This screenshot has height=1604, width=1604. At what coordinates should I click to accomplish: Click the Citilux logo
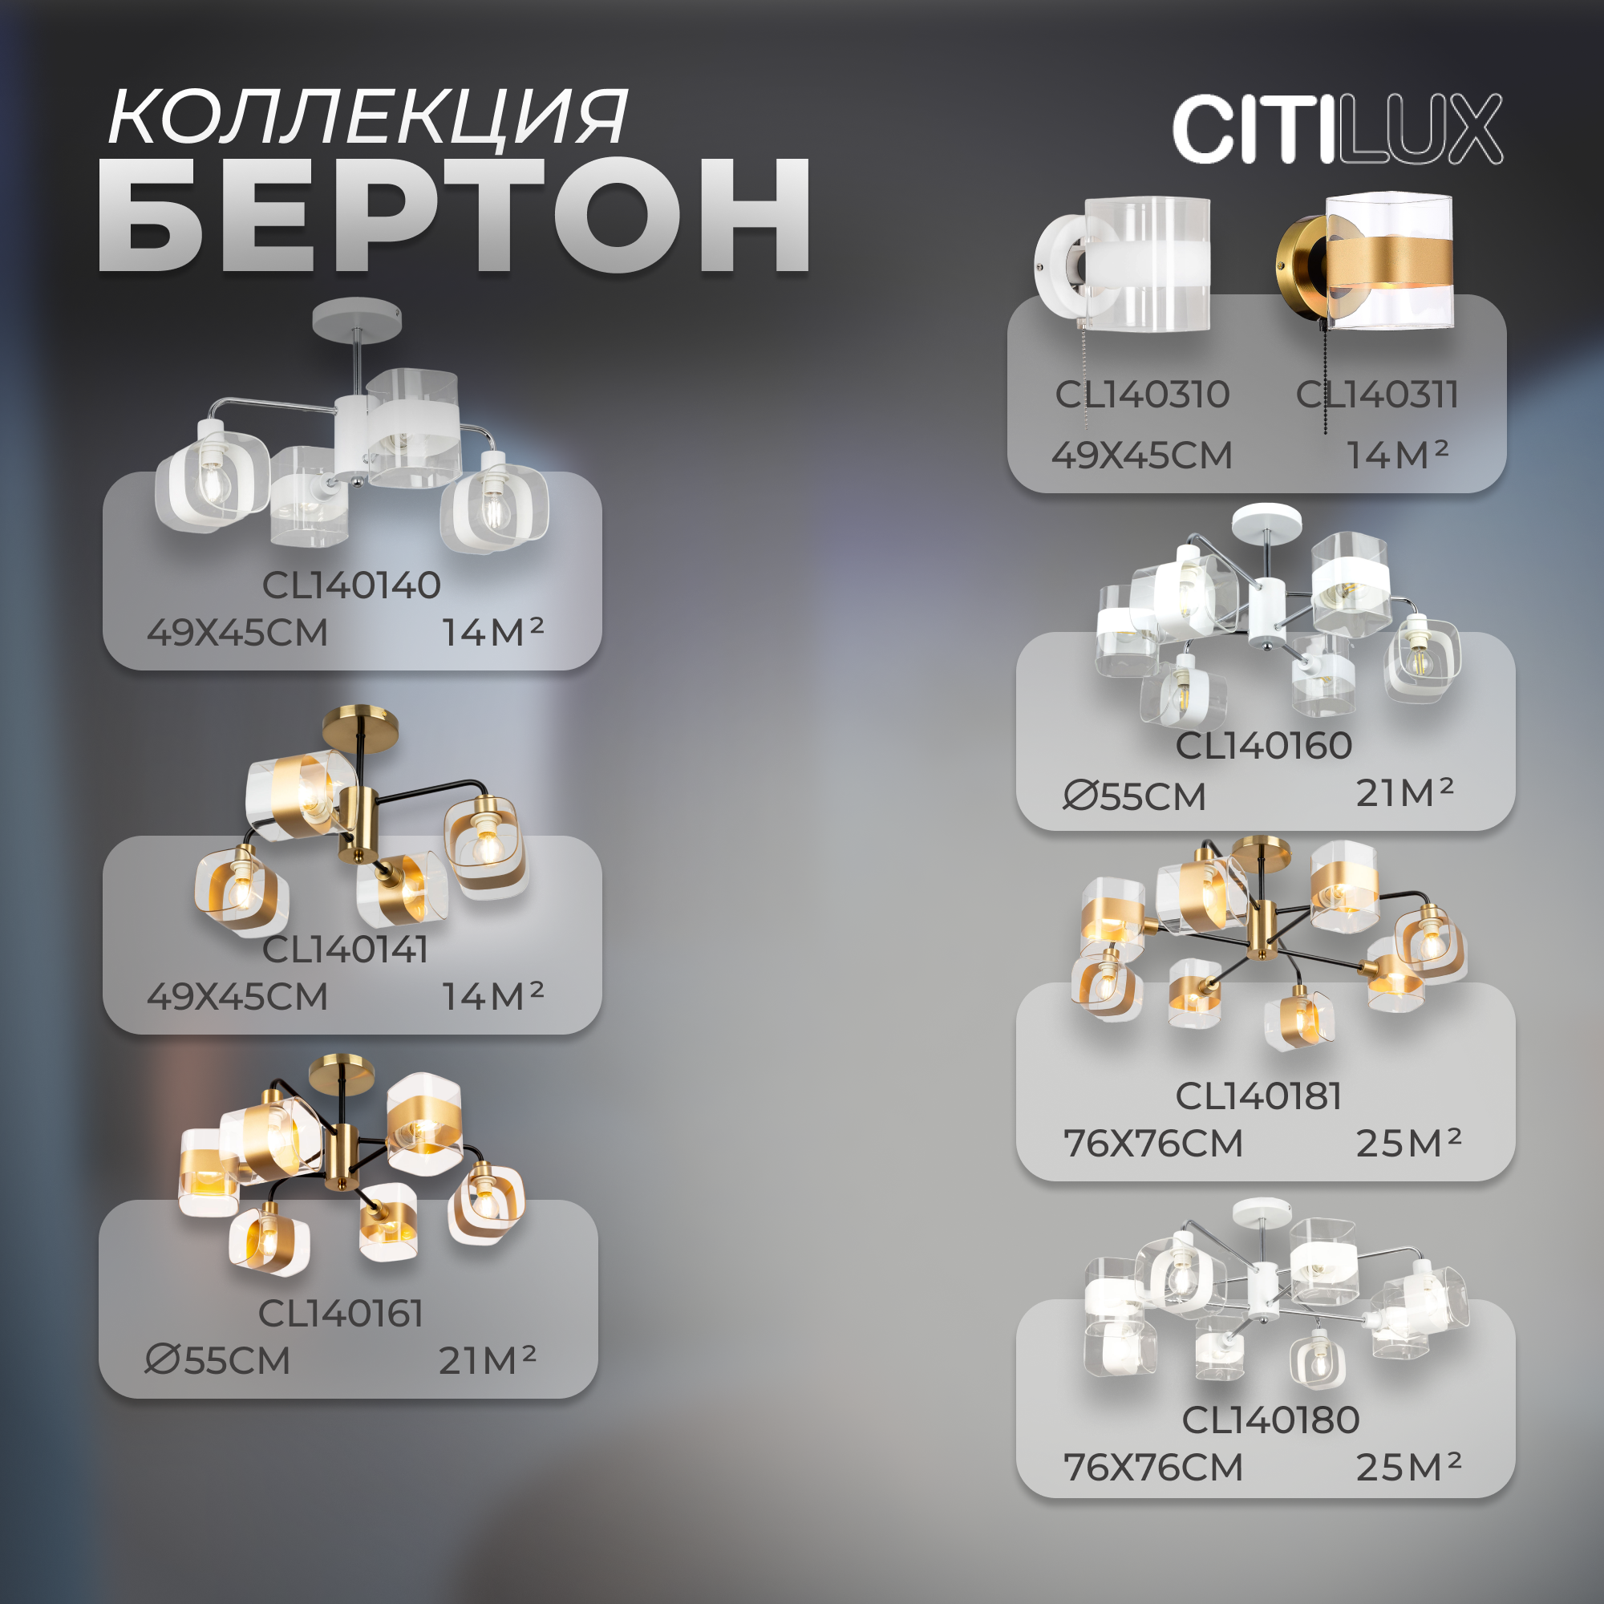click(x=1337, y=128)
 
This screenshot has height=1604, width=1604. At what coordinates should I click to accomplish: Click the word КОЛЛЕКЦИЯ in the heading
click(x=367, y=118)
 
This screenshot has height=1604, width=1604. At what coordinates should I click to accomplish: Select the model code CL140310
click(x=1141, y=395)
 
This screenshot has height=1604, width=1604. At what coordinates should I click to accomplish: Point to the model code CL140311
click(x=1376, y=395)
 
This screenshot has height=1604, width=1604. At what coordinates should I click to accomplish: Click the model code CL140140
click(x=351, y=585)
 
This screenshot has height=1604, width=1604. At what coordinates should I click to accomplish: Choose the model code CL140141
click(x=346, y=950)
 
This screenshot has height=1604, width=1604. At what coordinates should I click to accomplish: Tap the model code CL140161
click(x=341, y=1314)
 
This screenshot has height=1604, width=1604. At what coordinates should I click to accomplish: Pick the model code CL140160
click(x=1264, y=746)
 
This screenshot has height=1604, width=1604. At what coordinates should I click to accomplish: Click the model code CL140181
click(x=1258, y=1096)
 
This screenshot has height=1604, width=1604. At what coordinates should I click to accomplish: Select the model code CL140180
click(x=1270, y=1420)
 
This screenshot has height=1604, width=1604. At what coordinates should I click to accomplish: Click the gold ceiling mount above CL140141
click(x=359, y=726)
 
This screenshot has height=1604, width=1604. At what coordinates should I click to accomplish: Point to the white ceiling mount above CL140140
click(x=357, y=318)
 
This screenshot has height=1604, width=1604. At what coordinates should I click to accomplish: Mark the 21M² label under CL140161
click(x=488, y=1361)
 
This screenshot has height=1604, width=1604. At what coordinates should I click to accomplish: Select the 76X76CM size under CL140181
click(x=1153, y=1144)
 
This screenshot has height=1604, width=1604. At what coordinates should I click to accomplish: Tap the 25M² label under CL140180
click(x=1408, y=1468)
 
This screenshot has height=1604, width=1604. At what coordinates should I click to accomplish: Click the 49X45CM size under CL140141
click(x=237, y=997)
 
